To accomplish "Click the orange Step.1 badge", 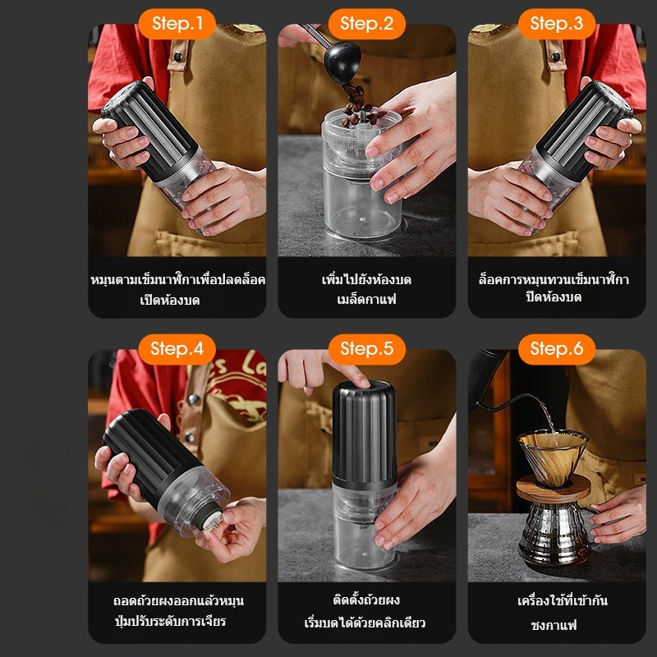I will (x=177, y=23).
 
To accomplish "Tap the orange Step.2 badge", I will (x=367, y=23).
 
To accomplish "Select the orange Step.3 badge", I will (x=557, y=23).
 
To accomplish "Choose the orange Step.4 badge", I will (x=177, y=348).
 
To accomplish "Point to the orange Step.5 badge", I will (x=367, y=348).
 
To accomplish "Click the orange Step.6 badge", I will (x=557, y=348).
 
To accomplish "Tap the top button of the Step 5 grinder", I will (x=366, y=385).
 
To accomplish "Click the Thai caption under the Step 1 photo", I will (x=177, y=289).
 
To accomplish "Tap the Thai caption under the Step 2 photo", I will (x=367, y=289).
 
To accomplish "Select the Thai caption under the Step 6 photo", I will (x=557, y=613).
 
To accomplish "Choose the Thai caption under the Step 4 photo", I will (x=177, y=611).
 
